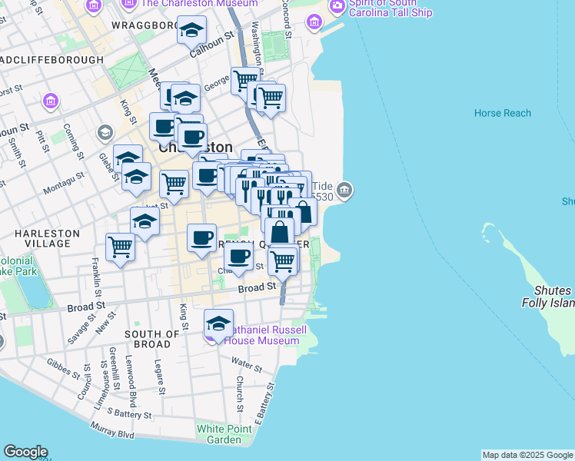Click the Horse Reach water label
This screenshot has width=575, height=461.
[502, 113]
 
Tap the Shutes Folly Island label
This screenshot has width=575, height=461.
[553, 297]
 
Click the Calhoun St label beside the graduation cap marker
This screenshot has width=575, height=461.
[212, 56]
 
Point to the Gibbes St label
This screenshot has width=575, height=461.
[63, 368]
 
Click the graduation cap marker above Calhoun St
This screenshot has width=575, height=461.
[191, 32]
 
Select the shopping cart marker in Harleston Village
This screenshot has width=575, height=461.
[121, 247]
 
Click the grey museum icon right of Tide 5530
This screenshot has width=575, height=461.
[344, 190]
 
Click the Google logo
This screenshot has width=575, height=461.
[25, 452]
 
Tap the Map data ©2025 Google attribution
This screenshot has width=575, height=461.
[527, 455]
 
